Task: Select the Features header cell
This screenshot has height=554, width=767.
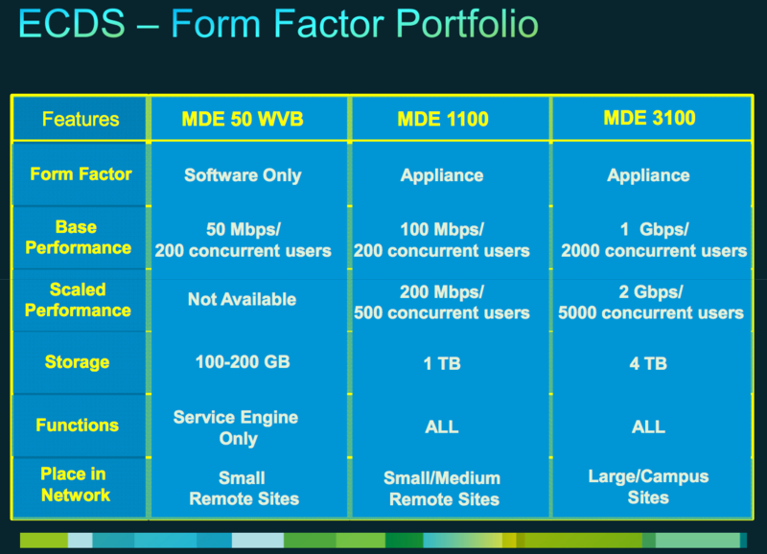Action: [81, 119]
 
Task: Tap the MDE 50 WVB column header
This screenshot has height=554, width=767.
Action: [243, 119]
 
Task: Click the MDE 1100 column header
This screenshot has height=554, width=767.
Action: [443, 119]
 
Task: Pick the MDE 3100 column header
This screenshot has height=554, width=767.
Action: [649, 118]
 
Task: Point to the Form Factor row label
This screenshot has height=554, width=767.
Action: [81, 173]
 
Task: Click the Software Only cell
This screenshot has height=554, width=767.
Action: [243, 175]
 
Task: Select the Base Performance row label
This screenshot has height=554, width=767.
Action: [79, 237]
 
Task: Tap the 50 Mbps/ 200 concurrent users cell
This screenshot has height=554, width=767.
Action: [244, 240]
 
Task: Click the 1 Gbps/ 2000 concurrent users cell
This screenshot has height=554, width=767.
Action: [654, 240]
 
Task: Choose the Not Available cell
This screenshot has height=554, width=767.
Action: [243, 299]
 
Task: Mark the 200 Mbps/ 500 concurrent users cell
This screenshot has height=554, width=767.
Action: [442, 302]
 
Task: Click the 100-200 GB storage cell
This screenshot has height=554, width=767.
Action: [243, 362]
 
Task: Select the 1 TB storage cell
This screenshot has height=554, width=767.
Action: [442, 363]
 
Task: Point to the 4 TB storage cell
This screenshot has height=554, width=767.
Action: [648, 363]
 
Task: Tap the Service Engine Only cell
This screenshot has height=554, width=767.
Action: [236, 427]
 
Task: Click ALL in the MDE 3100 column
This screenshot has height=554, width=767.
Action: [648, 427]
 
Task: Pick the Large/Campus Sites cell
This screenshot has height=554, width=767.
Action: [648, 487]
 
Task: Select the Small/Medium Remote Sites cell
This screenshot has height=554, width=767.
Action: [442, 489]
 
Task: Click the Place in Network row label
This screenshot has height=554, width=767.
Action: [76, 484]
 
